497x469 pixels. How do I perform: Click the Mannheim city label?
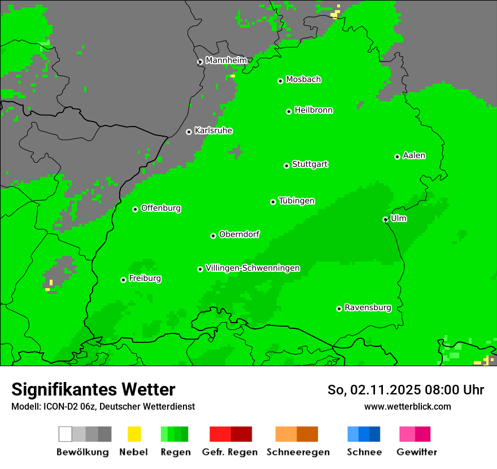coord(226,60)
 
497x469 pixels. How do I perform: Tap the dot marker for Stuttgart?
coord(286,166)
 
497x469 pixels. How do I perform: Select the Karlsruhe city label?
coord(213,131)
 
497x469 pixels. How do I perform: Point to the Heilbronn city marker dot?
coord(289,111)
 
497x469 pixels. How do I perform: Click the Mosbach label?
coord(303,80)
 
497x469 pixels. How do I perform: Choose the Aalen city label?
coord(414,155)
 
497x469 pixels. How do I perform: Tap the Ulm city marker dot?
coord(385,219)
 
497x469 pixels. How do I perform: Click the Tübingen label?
coord(297,201)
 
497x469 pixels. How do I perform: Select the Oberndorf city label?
coord(239,234)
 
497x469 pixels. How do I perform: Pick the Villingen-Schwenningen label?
coord(252,268)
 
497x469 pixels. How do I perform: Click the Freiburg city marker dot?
coord(123,280)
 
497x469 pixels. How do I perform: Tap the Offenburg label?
coord(160,208)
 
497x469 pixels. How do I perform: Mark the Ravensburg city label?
coord(368,307)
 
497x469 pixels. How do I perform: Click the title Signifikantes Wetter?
coord(93,389)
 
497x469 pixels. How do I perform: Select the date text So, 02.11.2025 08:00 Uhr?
coord(406,390)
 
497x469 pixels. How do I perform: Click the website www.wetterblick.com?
coord(407,406)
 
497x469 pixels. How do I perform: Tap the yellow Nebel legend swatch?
coord(134,434)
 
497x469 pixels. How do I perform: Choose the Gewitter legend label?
coord(416,452)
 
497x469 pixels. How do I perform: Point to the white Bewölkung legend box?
coord(66,434)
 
